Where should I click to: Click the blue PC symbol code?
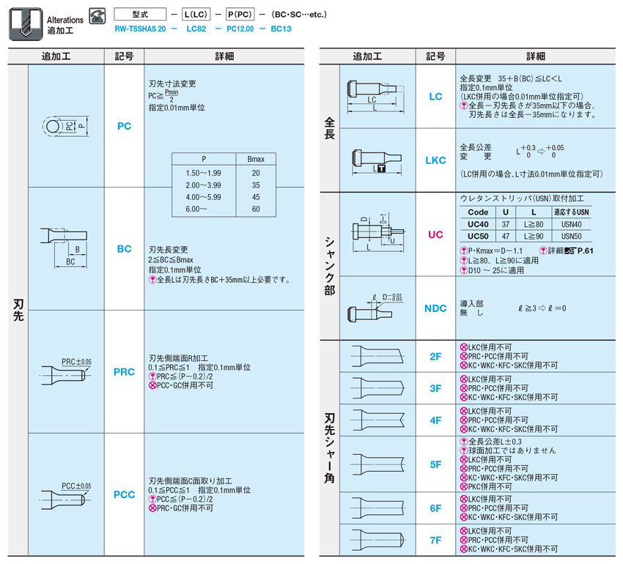point(124,126)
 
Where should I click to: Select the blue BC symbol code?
point(124,249)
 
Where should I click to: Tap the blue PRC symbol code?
point(124,372)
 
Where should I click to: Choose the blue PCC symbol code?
point(124,495)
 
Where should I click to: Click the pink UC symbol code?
point(435,234)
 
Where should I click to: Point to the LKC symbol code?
point(435,160)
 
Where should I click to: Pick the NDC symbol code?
point(435,308)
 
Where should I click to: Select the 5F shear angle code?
point(435,464)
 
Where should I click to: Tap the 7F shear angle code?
point(435,541)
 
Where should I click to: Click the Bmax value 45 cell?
point(256,198)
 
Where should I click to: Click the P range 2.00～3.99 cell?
point(204,185)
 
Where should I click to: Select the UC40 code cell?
point(478,224)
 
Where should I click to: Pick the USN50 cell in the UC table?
point(572,237)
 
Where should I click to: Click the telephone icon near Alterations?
point(97,16)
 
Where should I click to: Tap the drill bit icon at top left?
point(26,24)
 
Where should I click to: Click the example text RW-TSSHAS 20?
point(140,29)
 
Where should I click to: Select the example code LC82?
point(196,29)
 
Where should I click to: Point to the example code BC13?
point(281,29)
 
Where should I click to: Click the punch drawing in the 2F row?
point(377,356)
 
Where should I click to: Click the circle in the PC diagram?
point(53,127)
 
